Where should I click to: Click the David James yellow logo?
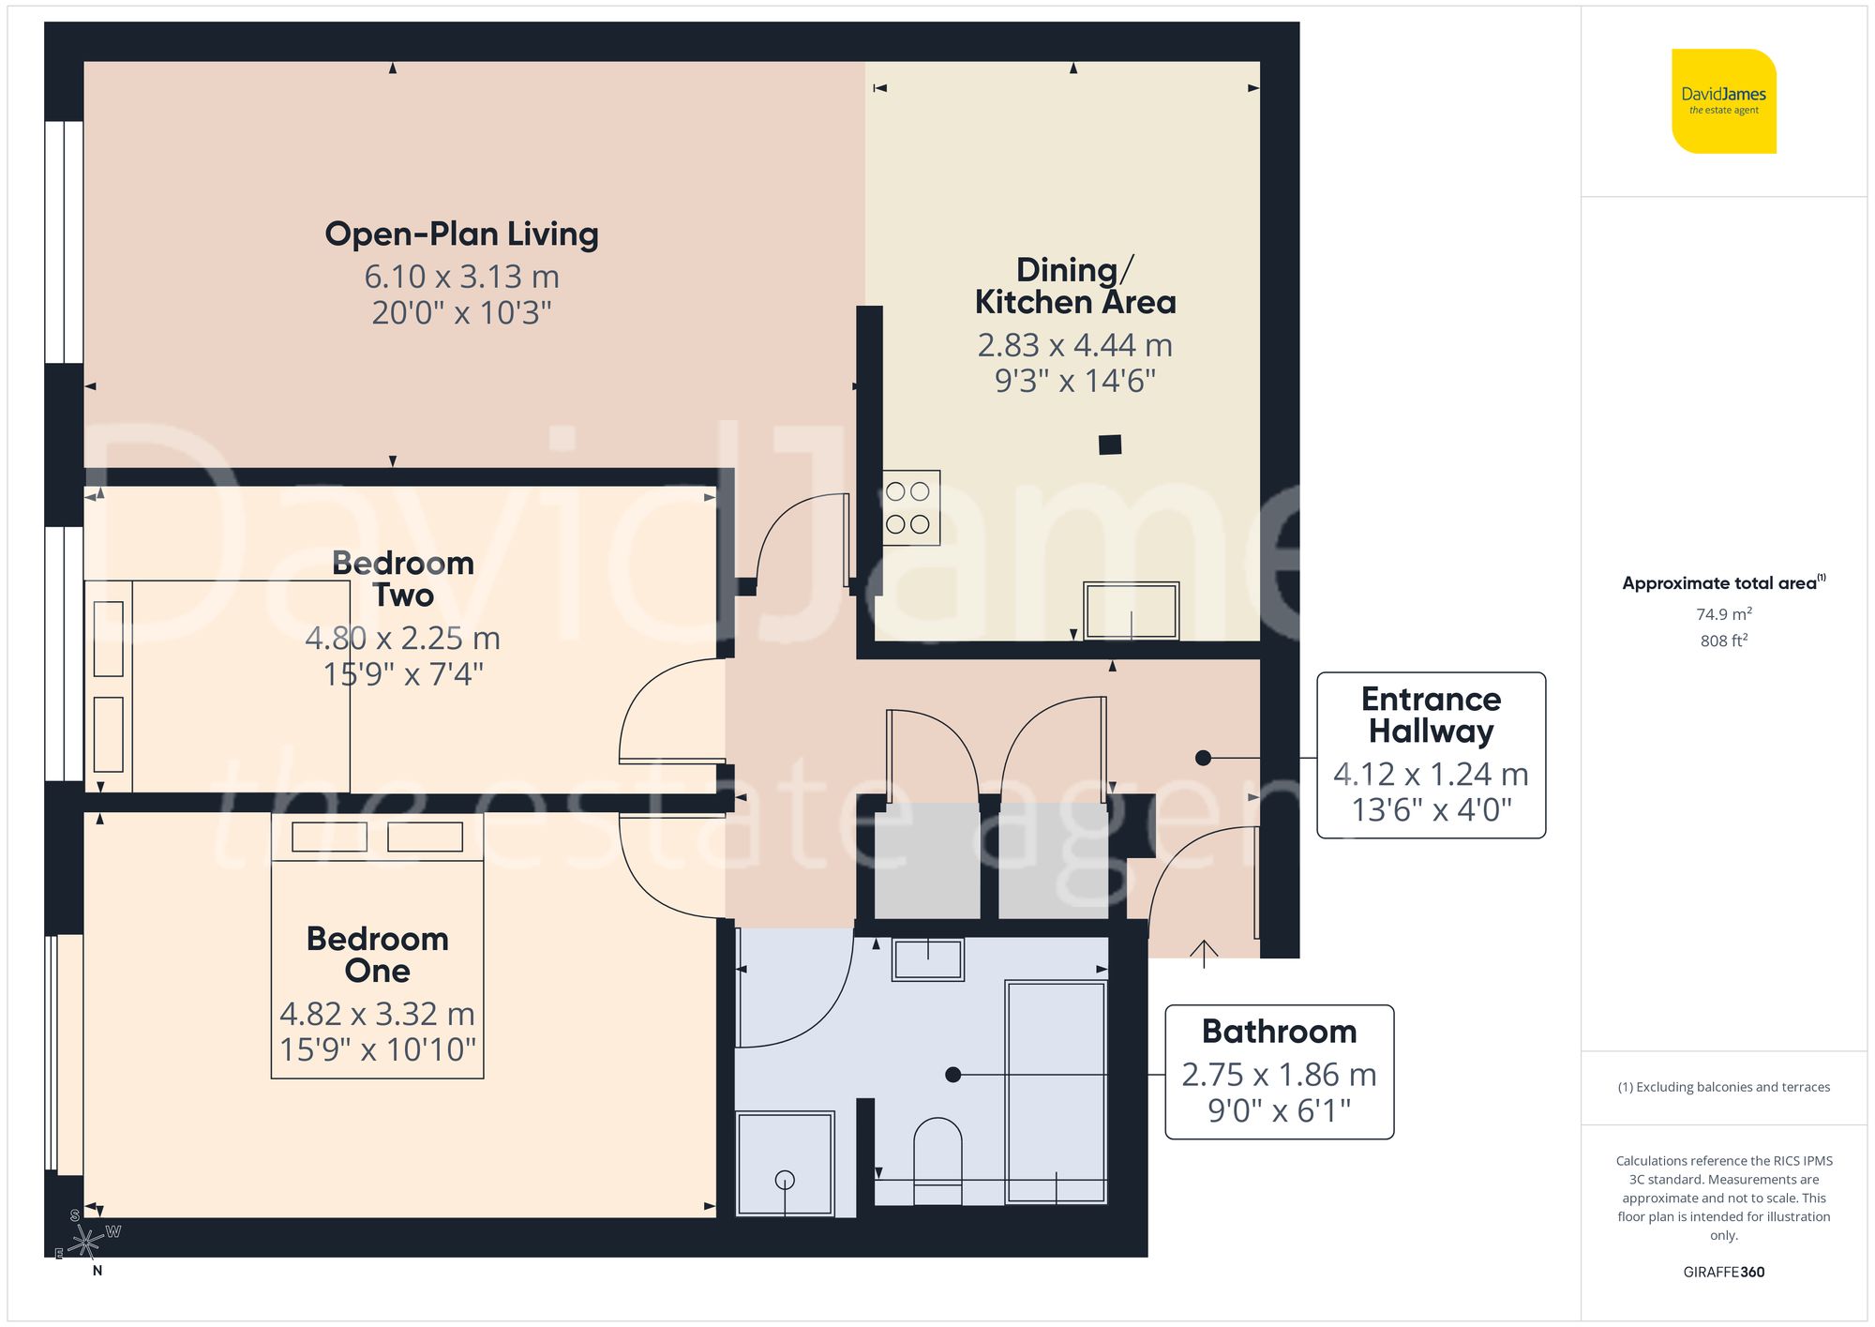point(1723,101)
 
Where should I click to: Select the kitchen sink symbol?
point(1131,611)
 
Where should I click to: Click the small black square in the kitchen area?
point(1110,445)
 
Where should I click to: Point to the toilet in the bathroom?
point(937,1159)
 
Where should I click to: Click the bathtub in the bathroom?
point(1056,1092)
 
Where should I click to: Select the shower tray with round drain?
point(785,1164)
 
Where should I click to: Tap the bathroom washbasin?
point(928,959)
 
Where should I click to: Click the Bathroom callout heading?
point(1279,1032)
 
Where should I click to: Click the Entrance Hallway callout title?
point(1431,715)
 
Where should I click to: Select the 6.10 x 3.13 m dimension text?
point(461,277)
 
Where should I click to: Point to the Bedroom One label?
point(377,954)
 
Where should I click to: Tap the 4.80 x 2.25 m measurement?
point(402,639)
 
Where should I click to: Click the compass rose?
point(86,1243)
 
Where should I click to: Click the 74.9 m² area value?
point(1723,614)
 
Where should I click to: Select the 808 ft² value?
point(1723,641)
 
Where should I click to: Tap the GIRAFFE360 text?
point(1723,1272)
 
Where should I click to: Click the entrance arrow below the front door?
point(1204,952)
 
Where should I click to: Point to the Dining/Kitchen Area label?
point(1074,286)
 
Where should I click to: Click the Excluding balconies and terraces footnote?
point(1723,1087)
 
